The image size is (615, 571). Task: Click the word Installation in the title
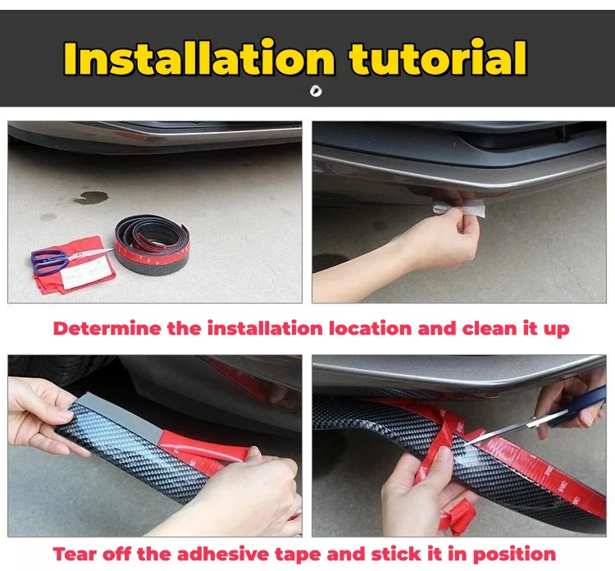pos(199,58)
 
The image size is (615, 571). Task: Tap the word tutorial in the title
pos(437,58)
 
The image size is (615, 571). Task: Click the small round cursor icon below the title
pos(316,91)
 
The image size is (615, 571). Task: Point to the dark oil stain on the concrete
pos(91,198)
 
